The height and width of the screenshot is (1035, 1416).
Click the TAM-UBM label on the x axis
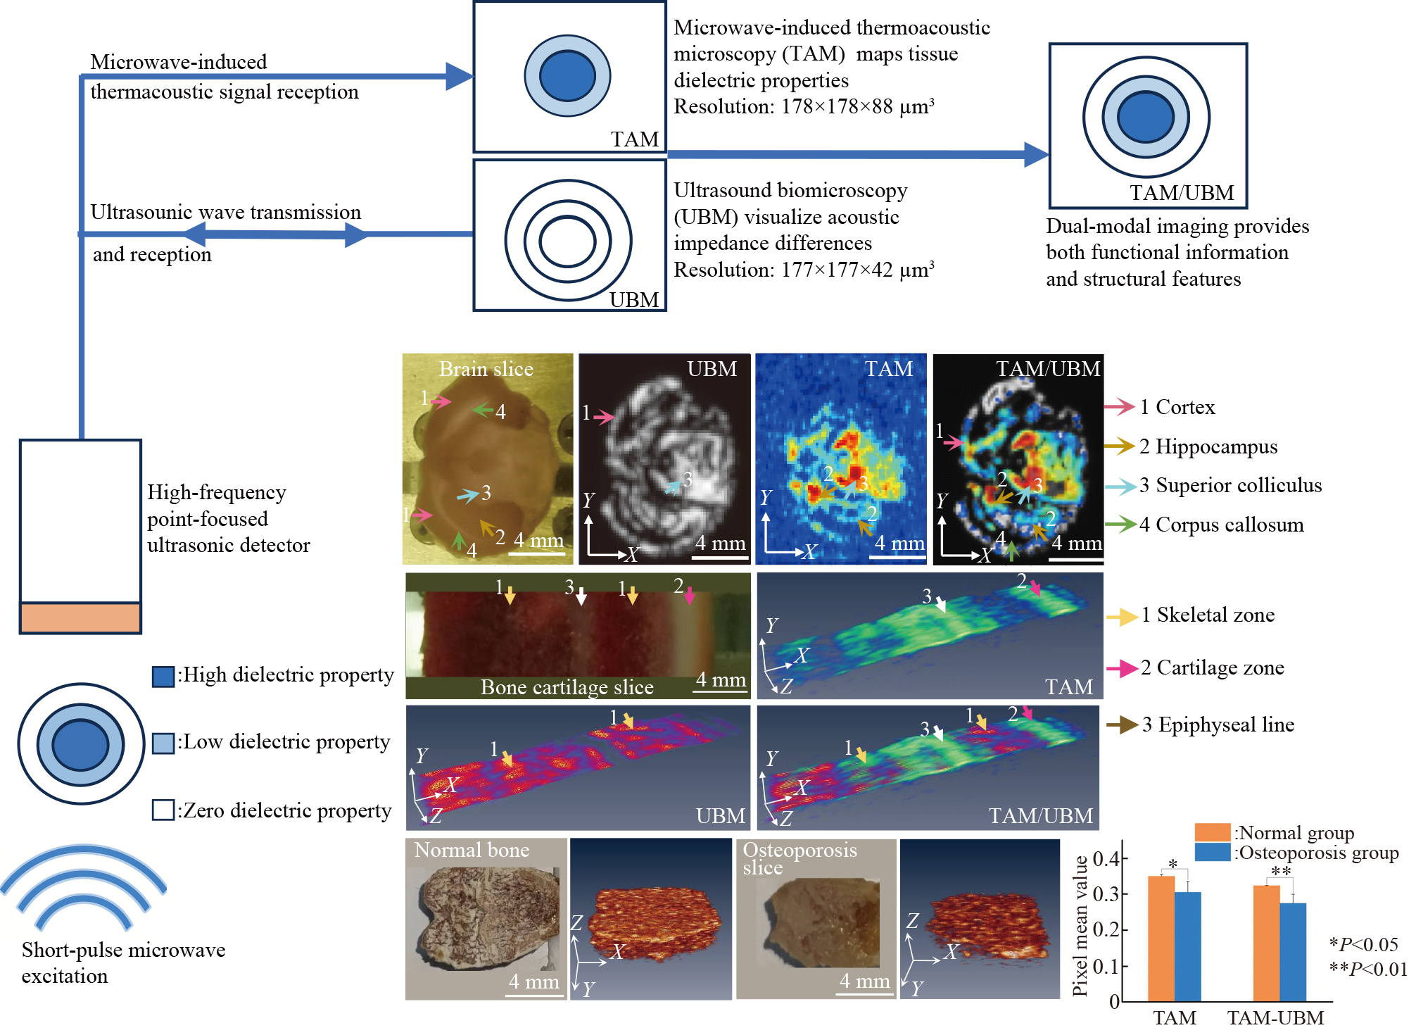click(x=1275, y=1018)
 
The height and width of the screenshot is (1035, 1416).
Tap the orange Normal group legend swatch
click(x=1212, y=832)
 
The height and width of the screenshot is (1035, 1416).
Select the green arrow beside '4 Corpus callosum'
click(x=1120, y=524)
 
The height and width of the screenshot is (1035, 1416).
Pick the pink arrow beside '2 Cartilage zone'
click(x=1121, y=668)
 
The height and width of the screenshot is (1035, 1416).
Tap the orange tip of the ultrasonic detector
click(x=80, y=617)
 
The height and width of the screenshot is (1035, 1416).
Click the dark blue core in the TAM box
click(x=567, y=76)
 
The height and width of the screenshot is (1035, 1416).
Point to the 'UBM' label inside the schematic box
click(x=634, y=300)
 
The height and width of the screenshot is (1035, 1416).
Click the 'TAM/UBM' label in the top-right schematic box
click(x=1182, y=192)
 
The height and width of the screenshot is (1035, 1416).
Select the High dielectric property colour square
click(x=163, y=677)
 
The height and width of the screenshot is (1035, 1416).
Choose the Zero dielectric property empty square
click(x=163, y=810)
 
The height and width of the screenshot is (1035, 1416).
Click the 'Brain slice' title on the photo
click(x=486, y=369)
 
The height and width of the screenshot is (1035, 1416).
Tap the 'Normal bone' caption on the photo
click(x=472, y=850)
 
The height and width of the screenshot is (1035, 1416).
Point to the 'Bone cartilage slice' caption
click(x=567, y=687)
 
